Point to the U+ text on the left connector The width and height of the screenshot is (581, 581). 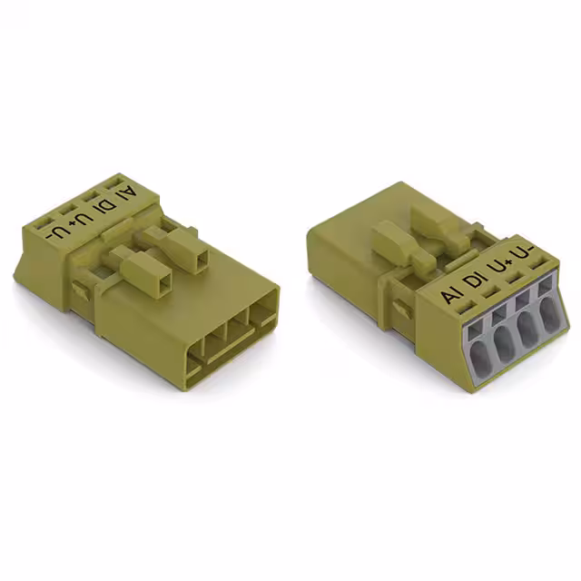[83, 219]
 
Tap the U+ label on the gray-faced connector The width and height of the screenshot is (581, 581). [502, 269]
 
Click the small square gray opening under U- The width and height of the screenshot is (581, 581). [545, 289]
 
